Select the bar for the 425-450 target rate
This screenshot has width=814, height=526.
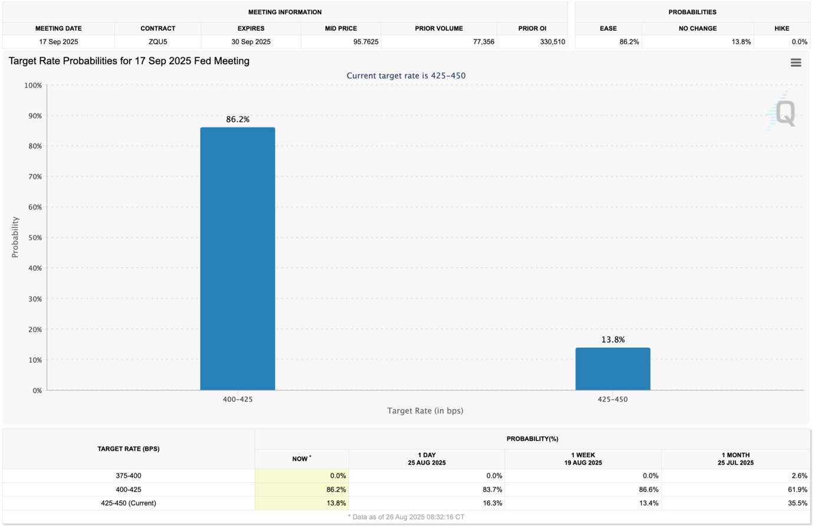tap(613, 369)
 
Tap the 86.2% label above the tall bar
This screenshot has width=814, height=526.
tap(238, 119)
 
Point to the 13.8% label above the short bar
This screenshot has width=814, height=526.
tap(613, 340)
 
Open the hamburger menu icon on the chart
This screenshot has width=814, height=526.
tap(796, 63)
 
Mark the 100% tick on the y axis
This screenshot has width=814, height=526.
tap(32, 86)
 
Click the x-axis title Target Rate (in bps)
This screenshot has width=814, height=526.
tap(425, 410)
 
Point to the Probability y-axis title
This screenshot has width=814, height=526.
tap(15, 237)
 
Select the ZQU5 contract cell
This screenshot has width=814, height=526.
tap(157, 42)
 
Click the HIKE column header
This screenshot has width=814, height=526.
tap(781, 28)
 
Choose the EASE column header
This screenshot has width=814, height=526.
tap(608, 28)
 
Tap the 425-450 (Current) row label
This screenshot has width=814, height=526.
tap(128, 503)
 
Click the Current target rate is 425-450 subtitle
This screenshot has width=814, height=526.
tap(406, 75)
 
